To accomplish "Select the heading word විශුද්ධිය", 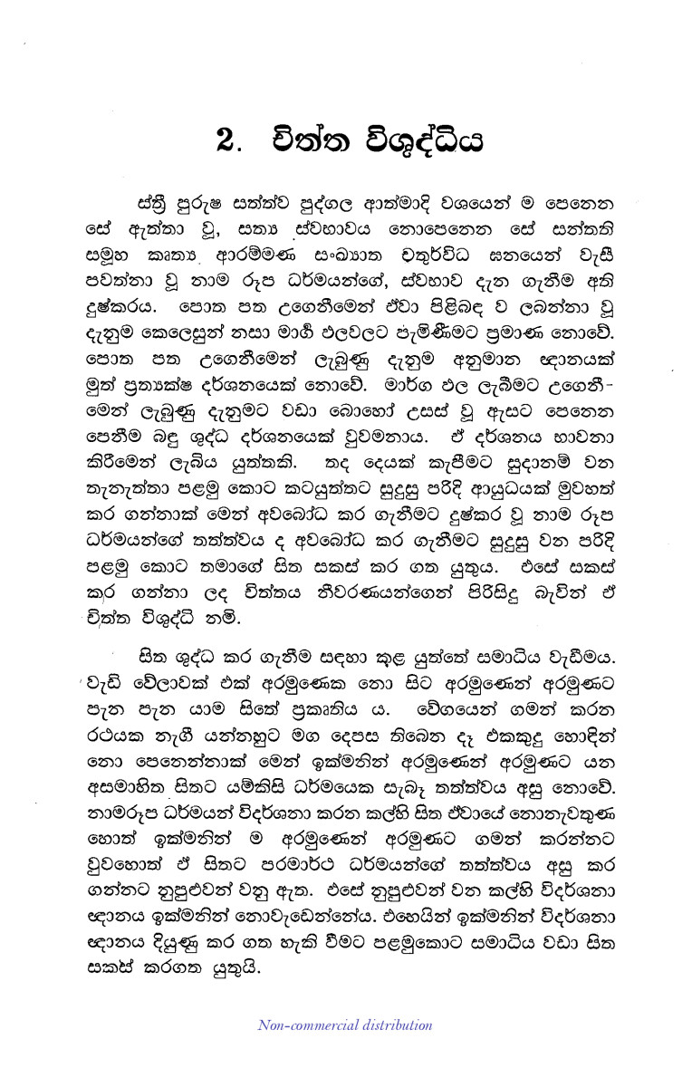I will (x=421, y=142).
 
